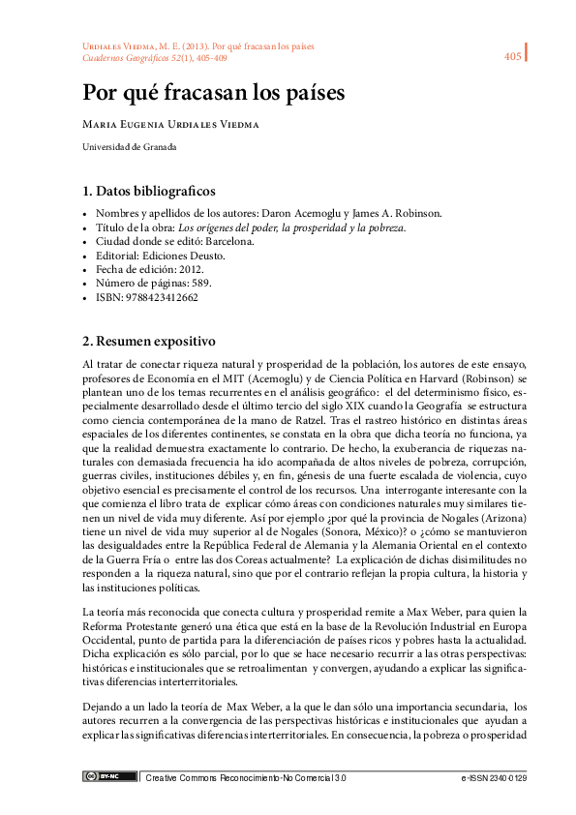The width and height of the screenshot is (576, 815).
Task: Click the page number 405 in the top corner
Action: click(513, 57)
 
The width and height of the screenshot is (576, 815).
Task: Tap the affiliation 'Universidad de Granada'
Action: click(129, 147)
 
